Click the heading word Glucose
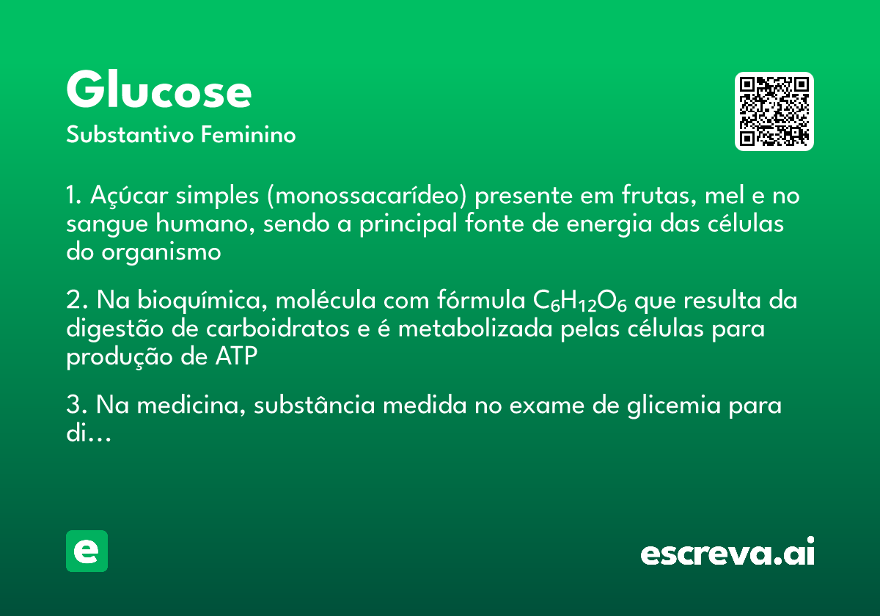pos(158,92)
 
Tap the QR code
pos(774,111)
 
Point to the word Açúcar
pos(125,197)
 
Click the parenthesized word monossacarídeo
pos(366,197)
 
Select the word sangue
pos(103,224)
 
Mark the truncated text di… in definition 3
pos(88,433)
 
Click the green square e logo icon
pos(87,551)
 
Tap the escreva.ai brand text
pos(727,553)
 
